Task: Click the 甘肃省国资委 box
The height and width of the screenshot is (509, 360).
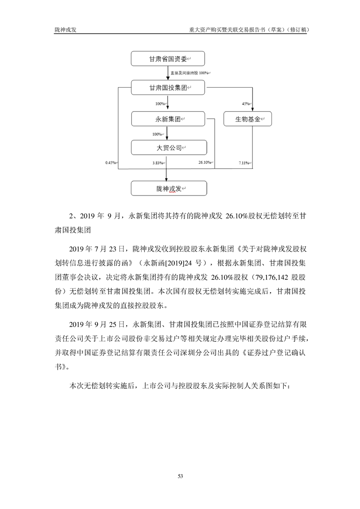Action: [x=168, y=59]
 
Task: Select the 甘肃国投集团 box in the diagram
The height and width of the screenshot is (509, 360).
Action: [x=168, y=88]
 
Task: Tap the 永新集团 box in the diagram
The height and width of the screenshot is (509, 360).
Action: [x=168, y=119]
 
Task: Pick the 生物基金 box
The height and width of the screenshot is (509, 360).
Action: [x=247, y=119]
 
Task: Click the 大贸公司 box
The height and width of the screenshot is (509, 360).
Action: [x=168, y=147]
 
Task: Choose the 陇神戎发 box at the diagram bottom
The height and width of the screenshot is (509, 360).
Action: [x=168, y=188]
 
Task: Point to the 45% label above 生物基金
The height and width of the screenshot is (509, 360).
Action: [x=246, y=104]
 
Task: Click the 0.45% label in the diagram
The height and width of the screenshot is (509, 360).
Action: [x=110, y=162]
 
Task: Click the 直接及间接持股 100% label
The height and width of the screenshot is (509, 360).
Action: [x=189, y=73]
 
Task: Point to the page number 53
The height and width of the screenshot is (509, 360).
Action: [x=180, y=476]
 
